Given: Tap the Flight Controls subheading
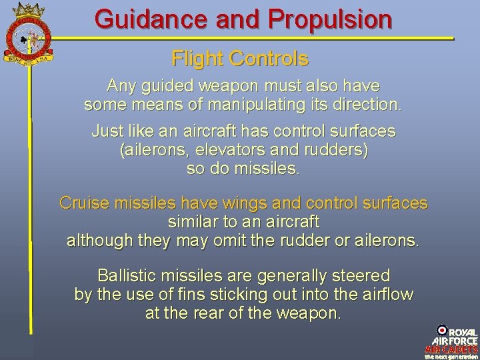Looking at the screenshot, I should click(x=240, y=59).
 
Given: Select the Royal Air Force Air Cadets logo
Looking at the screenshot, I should click(x=452, y=341).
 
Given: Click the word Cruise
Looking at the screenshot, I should click(x=83, y=203).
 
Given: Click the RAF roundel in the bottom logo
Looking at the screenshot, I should click(x=441, y=331).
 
